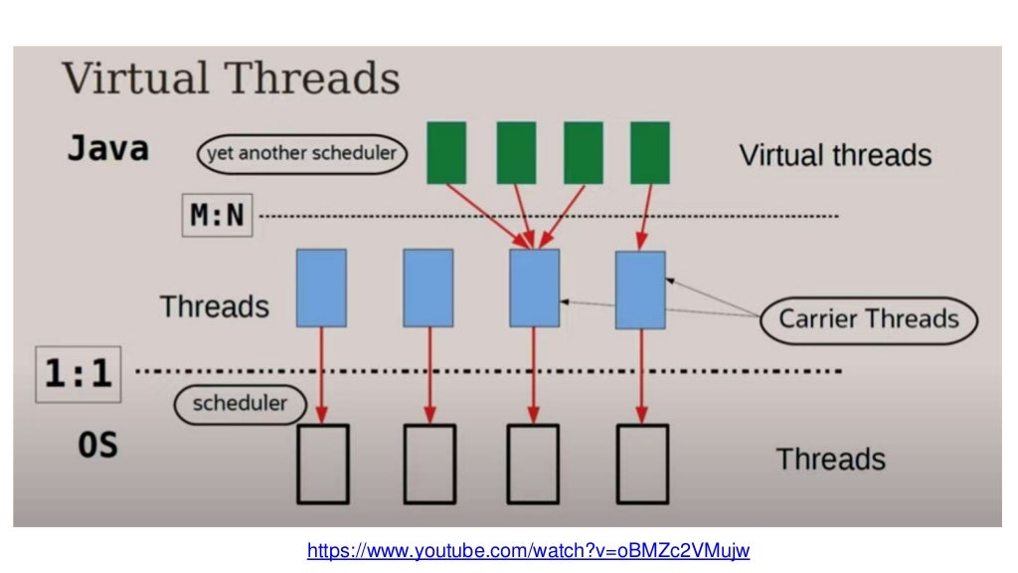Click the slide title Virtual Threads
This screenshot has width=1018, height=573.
(x=231, y=79)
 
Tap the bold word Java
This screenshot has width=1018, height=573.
(x=107, y=149)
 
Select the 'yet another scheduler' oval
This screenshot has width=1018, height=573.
(x=301, y=154)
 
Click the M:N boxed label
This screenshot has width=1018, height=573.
(x=217, y=215)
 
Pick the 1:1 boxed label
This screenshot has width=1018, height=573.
(x=78, y=374)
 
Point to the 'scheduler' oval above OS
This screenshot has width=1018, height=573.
(x=239, y=403)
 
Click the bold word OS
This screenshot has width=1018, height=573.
(x=97, y=445)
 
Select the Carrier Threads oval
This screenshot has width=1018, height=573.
(x=868, y=319)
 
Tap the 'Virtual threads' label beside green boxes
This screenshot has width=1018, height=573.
(x=835, y=155)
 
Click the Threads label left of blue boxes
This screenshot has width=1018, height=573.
(x=215, y=306)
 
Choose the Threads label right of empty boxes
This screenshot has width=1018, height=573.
(x=830, y=459)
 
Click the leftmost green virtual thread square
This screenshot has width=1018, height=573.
(x=446, y=152)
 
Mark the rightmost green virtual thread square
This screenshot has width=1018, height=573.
(x=649, y=152)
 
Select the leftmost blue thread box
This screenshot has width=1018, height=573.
(x=321, y=287)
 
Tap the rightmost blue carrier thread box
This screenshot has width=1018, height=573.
(x=640, y=289)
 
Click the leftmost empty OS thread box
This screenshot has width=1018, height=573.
(x=322, y=463)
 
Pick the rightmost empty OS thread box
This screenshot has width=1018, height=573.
(x=642, y=463)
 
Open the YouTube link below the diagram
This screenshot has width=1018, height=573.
(x=527, y=550)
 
